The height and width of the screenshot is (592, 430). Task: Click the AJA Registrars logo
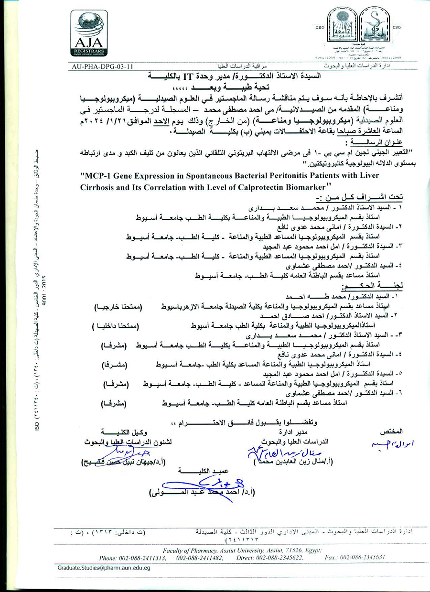(x=89, y=33)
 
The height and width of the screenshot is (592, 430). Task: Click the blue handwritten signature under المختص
(x=388, y=445)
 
